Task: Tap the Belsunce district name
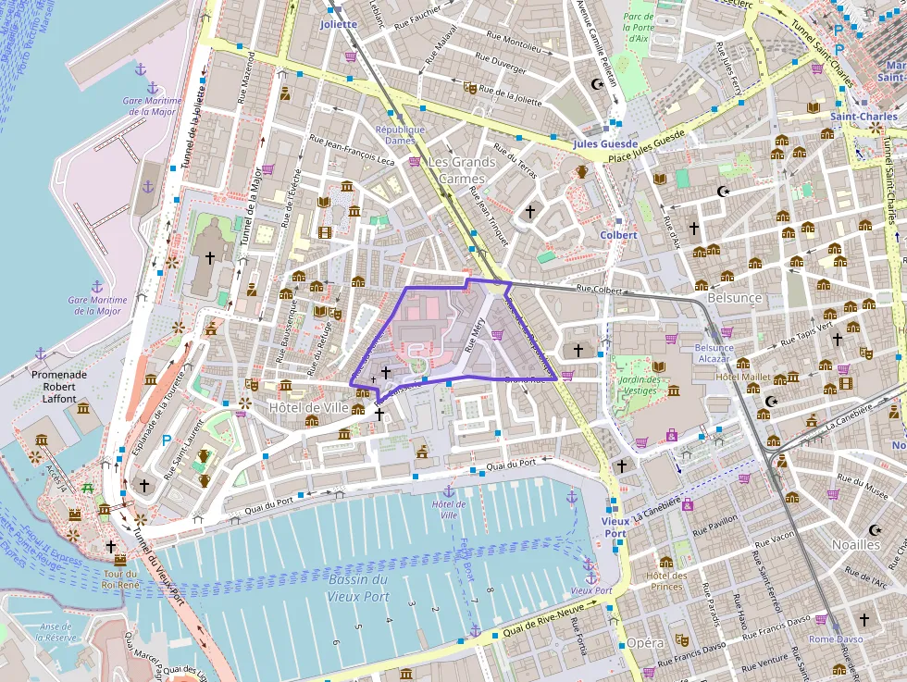734,298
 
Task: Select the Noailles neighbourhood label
856,544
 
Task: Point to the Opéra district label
645,643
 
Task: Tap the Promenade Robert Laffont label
59,387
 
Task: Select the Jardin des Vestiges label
640,385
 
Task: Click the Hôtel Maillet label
743,377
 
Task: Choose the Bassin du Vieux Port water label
358,588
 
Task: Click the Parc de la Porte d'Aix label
638,29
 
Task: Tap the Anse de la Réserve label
58,632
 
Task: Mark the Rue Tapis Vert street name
809,332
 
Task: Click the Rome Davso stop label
836,639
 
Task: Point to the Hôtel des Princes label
666,580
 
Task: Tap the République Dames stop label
400,135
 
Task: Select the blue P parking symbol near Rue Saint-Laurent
167,440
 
